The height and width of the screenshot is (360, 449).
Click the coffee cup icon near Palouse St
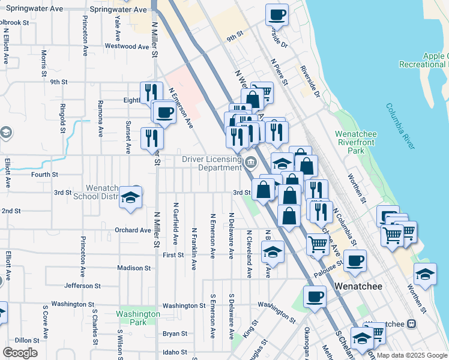point(355,260)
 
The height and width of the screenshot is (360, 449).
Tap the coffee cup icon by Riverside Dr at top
point(277,15)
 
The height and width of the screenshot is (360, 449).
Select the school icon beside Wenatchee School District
point(130,197)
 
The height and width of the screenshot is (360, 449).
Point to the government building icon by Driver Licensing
point(250,161)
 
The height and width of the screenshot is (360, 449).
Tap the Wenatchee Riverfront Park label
point(356,142)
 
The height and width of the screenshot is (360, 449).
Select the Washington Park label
point(138,317)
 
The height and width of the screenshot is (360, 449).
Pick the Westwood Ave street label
point(127,46)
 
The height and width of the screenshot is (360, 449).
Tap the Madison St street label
point(134,268)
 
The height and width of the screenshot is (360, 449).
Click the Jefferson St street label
point(82,286)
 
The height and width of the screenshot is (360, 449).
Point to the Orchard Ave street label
point(133,230)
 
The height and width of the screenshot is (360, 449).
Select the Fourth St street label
point(45,175)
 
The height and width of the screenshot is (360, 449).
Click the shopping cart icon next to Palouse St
point(317,243)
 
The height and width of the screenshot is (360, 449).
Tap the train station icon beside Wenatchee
point(411,324)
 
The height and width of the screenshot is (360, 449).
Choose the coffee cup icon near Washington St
point(315,296)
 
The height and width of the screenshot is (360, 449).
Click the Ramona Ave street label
point(100,112)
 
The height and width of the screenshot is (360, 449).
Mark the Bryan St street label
point(175,334)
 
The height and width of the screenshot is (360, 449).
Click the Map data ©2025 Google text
point(412,355)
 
